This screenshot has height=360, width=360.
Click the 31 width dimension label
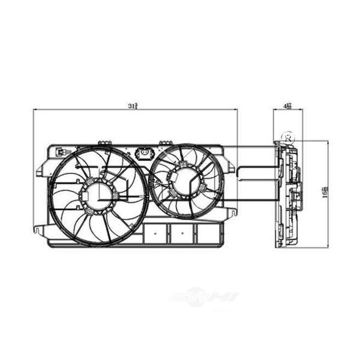tap(133, 106)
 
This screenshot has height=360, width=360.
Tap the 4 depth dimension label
tap(287, 106)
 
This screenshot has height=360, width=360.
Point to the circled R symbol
tap(289, 137)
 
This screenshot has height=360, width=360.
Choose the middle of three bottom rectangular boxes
tap(179, 234)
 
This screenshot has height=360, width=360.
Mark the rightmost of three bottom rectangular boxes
tap(205, 234)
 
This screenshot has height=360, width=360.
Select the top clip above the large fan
tap(104, 142)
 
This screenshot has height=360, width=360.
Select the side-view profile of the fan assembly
tap(289, 193)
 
